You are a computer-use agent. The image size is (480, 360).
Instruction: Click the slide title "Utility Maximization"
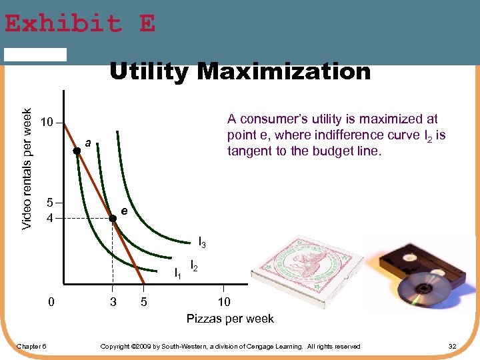pos(239,71)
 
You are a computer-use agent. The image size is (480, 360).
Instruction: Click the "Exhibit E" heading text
pos(80,24)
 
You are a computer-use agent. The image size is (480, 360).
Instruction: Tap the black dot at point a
pos(77,151)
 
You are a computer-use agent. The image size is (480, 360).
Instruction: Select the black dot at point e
pos(113,218)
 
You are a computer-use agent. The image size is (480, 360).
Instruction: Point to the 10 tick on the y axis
pos(46,123)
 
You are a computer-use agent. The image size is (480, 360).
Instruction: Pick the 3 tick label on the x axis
pos(113,302)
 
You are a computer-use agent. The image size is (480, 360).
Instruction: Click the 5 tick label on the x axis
pos(144,302)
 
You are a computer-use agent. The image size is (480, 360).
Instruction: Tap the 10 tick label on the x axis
pos(224,302)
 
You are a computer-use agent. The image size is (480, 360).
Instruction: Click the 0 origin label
pos(51,302)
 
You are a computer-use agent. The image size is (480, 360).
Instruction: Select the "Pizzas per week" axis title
pos(230,319)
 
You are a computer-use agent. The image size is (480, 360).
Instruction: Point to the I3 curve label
pos(202,243)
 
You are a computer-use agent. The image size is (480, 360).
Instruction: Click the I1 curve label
pos(177,272)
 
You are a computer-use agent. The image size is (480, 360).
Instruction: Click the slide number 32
pos(452,346)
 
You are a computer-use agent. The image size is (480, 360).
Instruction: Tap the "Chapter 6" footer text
pos(31,346)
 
